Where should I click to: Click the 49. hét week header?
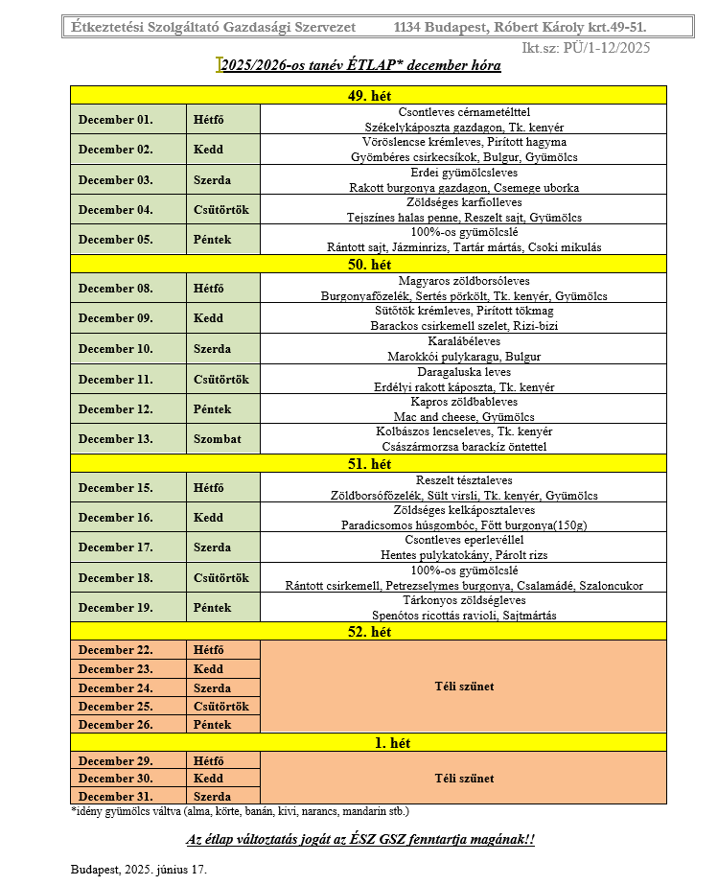367,96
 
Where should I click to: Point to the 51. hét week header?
367,464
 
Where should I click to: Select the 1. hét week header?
367,742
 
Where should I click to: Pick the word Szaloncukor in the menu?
612,585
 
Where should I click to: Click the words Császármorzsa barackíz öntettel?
463,447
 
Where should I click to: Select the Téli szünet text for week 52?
463,687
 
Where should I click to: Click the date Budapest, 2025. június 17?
138,870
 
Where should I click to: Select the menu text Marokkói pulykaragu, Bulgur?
463,357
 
